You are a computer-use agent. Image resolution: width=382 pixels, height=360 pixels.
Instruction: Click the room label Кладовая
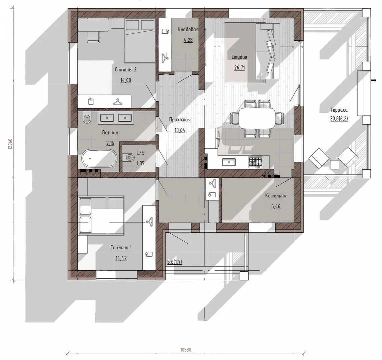coord(188,29)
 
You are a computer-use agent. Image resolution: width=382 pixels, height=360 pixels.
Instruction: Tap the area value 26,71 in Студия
coord(240,68)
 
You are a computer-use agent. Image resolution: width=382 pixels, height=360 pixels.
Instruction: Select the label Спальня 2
coord(125,70)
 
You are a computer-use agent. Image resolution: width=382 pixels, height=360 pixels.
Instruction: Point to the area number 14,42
coord(121,258)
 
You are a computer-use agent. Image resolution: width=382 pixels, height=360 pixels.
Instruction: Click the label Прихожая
coord(180,120)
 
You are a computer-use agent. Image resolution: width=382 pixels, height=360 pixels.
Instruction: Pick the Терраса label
coord(339,110)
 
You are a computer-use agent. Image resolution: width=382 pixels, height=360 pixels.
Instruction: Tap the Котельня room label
coord(276,196)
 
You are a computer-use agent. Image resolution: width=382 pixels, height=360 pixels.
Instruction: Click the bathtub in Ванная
coord(99,158)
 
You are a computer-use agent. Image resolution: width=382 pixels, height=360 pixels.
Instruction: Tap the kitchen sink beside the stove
coord(229,162)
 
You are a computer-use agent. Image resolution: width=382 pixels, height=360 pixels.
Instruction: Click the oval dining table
coord(257,118)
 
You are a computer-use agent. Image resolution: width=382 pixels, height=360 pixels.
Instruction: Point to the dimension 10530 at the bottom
coord(186,350)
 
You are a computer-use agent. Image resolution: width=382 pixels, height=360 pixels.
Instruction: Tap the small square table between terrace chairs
coord(335,164)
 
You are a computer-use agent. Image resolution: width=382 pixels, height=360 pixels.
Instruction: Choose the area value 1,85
coord(140,163)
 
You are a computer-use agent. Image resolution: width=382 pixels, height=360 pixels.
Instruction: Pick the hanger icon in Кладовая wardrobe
coord(165,57)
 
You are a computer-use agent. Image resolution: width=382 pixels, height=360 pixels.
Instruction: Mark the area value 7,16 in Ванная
coord(110,143)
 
